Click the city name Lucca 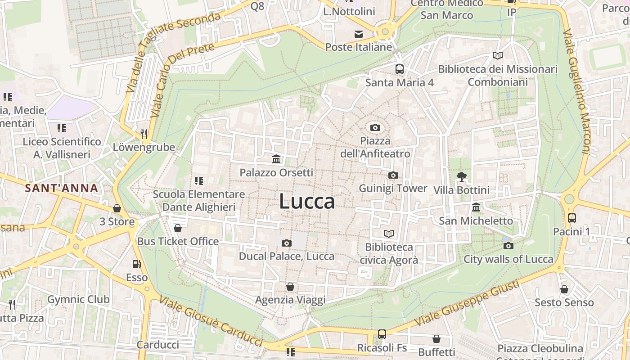307,202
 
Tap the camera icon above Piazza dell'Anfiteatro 375,128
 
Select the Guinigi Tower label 392,188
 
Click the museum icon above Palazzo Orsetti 276,159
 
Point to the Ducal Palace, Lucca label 287,256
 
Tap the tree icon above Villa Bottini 461,176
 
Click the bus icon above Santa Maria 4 399,69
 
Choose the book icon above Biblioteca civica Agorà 389,234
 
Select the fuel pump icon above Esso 136,264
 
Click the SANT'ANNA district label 62,188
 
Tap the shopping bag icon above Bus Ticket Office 178,228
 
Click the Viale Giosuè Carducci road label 211,321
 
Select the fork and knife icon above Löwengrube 144,134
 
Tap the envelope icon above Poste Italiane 359,34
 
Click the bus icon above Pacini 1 571,218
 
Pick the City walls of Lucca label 508,259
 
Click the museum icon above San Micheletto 476,207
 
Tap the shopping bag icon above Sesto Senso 564,289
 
